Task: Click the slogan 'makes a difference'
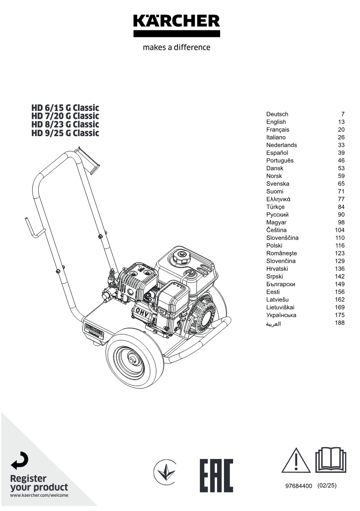coord(176,48)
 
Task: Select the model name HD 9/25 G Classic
coord(65,133)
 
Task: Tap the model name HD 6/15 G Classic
coord(65,107)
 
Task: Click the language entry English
coord(276,122)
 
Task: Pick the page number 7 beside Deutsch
coord(343,114)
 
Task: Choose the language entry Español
coord(277,153)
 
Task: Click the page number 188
coord(340,323)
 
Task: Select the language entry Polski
coord(274,246)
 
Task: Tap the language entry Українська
coord(281,315)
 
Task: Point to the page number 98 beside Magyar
coord(341,222)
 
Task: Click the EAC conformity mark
coord(216,475)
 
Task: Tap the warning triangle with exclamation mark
coord(296,461)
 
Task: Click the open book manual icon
coord(330,459)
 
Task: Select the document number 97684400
coord(299,486)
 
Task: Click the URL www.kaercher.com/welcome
coord(39,496)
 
